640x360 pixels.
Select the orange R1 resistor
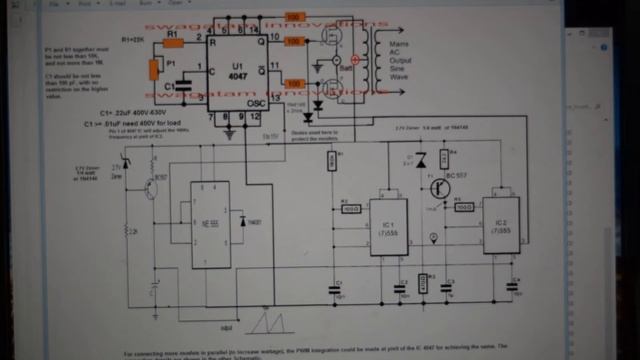tap(174, 43)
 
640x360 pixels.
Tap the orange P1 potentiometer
tap(153, 69)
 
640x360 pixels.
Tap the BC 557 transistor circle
tap(440, 186)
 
